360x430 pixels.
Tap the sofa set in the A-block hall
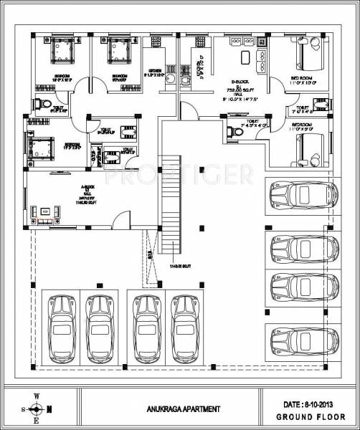[45, 212]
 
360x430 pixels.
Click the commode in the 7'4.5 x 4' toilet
[234, 132]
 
